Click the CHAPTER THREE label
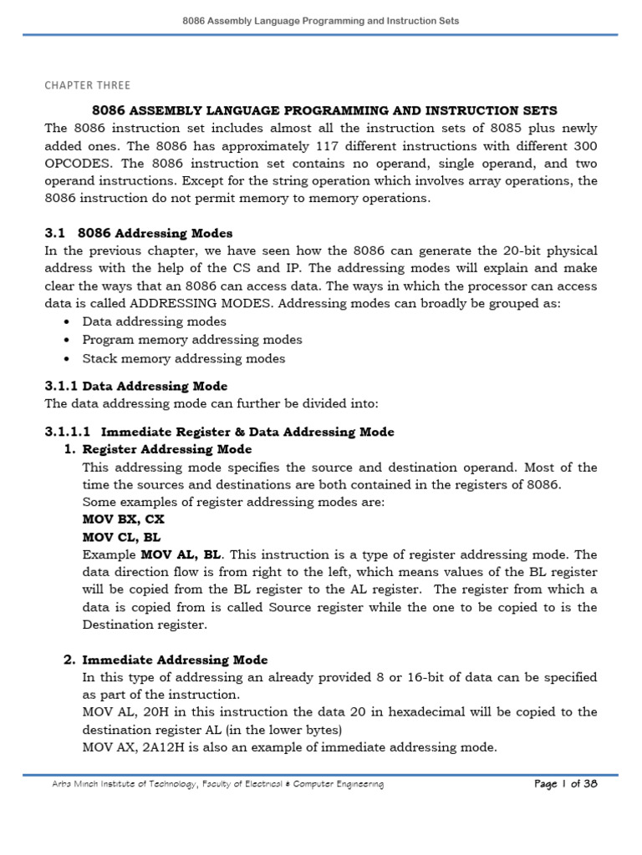click(x=87, y=85)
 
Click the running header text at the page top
click(x=321, y=21)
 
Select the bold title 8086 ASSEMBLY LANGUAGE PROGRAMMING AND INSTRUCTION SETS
click(x=323, y=110)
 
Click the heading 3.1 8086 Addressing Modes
click(x=138, y=233)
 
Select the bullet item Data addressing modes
click(x=154, y=321)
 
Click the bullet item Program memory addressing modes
click(x=192, y=340)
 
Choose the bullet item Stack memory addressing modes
click(x=183, y=358)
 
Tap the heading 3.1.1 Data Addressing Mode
click(x=135, y=386)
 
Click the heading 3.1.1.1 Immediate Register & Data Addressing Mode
click(x=219, y=432)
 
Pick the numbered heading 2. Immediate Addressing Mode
click(x=166, y=660)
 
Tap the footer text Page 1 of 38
click(x=564, y=784)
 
